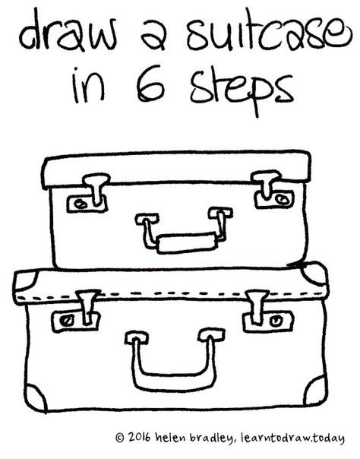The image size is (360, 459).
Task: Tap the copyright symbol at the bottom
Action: [x=119, y=438]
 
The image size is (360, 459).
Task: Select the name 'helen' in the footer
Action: [x=176, y=438]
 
